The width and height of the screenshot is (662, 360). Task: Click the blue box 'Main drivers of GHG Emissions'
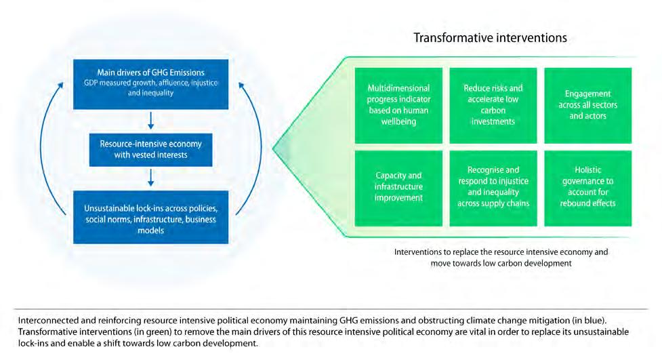(x=150, y=83)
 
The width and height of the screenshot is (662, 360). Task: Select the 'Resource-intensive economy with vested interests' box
(x=150, y=149)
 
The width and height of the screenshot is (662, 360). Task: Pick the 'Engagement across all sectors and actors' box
(x=587, y=105)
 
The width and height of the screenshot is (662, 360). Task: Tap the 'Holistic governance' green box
(x=587, y=188)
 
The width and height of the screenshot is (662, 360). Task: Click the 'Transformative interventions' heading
(x=490, y=38)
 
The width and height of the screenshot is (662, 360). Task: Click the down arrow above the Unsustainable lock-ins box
(x=151, y=178)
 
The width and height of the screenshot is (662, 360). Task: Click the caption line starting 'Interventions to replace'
(x=501, y=252)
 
